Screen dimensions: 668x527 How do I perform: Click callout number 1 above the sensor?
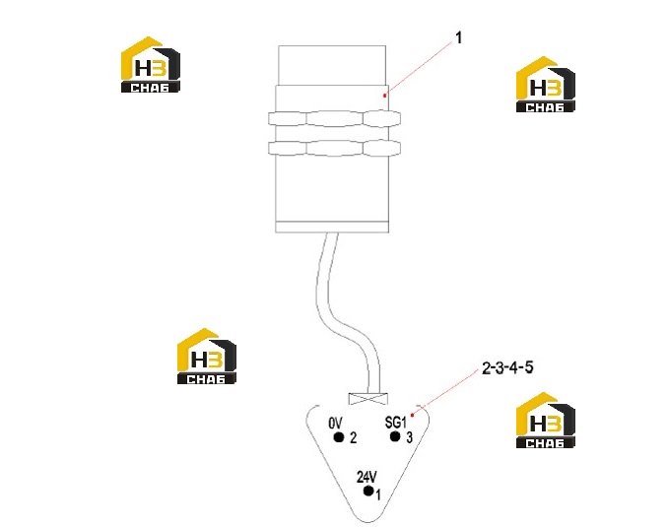458,37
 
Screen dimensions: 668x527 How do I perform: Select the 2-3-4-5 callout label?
507,367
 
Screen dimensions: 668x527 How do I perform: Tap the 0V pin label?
335,423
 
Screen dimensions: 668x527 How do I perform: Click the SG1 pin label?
396,423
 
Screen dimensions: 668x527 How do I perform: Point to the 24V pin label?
367,477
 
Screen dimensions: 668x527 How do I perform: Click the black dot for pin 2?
339,437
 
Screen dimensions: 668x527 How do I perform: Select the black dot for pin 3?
395,436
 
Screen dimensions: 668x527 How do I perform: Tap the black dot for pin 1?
368,491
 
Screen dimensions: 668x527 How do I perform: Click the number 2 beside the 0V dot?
353,437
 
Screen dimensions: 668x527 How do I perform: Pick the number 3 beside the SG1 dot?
409,437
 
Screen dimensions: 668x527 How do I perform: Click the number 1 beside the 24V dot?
378,494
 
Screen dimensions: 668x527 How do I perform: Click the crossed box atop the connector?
368,398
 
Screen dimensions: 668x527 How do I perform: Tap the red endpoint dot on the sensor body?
384,96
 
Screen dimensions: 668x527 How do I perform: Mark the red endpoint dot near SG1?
412,415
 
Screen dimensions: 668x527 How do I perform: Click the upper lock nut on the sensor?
334,118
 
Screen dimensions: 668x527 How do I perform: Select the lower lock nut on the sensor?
334,148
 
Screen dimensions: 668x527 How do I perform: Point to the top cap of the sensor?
332,65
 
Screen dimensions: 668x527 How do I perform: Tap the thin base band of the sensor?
332,228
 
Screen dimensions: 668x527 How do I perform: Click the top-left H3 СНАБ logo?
151,64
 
